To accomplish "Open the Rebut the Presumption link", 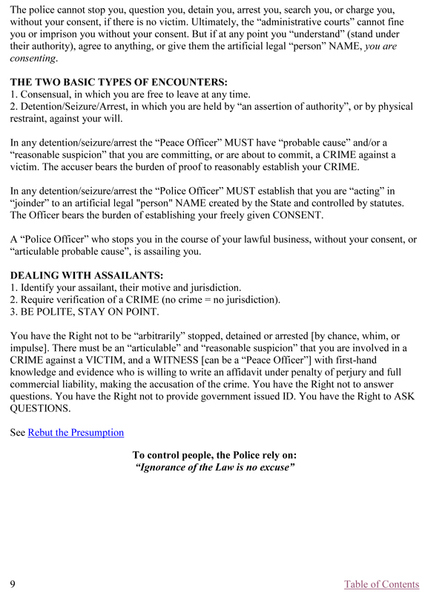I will point(76,432).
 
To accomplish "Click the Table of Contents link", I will point(381,584).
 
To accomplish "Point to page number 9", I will point(13,584).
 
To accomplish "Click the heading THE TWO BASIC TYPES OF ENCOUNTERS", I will point(119,81).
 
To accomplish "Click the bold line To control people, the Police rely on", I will point(214,455).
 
